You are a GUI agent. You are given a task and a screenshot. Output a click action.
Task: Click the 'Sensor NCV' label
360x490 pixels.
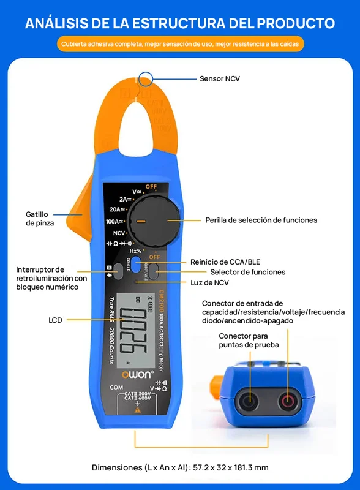220,78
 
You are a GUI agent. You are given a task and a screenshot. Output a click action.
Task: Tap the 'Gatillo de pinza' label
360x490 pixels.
40,219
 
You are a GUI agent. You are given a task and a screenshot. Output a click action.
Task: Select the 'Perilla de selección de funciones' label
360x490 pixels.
261,220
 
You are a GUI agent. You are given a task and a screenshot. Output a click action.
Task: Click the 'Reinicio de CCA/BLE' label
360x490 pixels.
225,262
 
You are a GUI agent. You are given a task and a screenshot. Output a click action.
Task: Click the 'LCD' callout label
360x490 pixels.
56,320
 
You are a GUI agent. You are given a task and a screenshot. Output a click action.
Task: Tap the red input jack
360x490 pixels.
287,402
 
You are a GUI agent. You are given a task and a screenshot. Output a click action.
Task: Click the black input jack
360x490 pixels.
249,402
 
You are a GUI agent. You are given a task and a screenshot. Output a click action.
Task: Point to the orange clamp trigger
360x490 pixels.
77,214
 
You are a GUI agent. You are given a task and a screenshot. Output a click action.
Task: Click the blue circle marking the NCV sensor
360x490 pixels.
146,78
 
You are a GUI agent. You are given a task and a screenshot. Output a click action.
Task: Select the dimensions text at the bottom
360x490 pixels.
180,467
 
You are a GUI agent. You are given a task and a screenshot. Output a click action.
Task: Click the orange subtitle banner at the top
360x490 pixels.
180,44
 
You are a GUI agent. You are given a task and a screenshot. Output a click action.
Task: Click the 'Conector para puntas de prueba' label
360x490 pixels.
249,341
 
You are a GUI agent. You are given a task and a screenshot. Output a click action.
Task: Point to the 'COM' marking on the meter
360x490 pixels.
116,388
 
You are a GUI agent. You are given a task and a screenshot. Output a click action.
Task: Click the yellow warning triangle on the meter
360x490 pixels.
137,410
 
